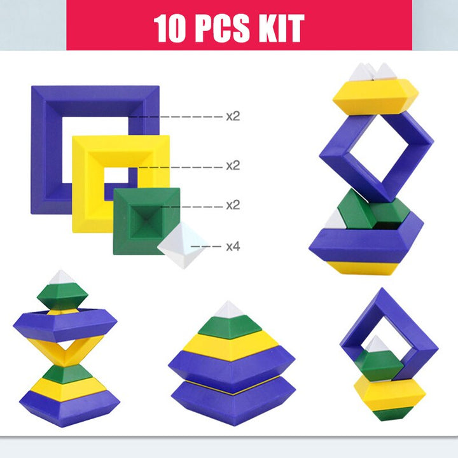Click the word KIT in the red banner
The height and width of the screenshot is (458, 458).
pos(281,29)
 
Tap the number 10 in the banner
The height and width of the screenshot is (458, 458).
pos(169,29)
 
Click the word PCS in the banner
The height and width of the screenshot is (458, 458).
pos(222,29)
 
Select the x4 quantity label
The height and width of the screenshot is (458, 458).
pos(233,247)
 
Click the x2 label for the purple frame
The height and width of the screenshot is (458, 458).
pos(233,116)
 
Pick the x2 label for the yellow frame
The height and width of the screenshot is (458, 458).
pos(233,165)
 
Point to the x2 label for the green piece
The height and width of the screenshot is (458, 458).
pos(233,205)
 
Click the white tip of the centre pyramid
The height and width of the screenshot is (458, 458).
pos(229,310)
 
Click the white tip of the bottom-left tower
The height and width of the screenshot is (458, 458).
pos(61,277)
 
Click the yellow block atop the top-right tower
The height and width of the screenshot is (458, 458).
pos(376,97)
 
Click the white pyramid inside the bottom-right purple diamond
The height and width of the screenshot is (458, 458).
pos(377,344)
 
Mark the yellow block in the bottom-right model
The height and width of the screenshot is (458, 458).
pos(390,393)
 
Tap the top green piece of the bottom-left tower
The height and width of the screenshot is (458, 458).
pos(62,296)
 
